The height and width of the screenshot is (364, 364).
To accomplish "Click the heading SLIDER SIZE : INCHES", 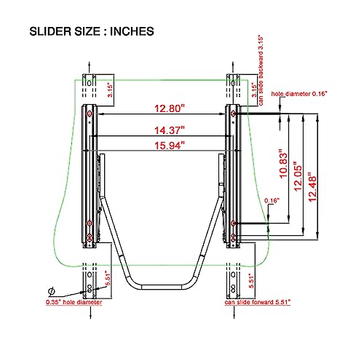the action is pyautogui.click(x=92, y=31).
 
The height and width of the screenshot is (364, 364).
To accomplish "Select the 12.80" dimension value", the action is pyautogui.click(x=170, y=108).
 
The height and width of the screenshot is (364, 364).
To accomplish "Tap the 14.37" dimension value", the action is pyautogui.click(x=170, y=130).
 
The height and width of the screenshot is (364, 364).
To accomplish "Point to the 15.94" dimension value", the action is pyautogui.click(x=170, y=146).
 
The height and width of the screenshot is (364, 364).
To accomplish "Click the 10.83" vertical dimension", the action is pyautogui.click(x=283, y=164).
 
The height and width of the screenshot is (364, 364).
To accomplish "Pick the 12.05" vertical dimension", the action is pyautogui.click(x=298, y=176).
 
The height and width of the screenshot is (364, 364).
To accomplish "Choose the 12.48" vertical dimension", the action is pyautogui.click(x=312, y=187).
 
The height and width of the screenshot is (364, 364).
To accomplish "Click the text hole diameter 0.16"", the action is pyautogui.click(x=299, y=94).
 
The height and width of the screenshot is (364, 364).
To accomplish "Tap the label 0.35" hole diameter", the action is pyautogui.click(x=74, y=302).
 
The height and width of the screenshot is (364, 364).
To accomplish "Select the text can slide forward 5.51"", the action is pyautogui.click(x=258, y=302).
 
